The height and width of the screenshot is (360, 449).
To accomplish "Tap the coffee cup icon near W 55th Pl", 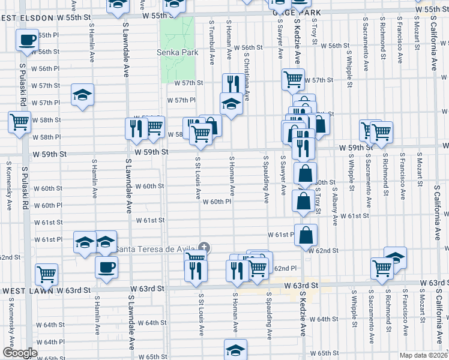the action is coord(27,41).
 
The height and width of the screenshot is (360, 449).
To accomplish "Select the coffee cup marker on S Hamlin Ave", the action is coord(106,267).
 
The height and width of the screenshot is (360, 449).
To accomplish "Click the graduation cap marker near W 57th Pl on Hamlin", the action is coord(82,95).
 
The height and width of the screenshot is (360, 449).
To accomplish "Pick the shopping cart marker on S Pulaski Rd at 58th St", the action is coord(20,122).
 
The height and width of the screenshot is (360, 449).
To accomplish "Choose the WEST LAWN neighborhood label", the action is coord(26,290).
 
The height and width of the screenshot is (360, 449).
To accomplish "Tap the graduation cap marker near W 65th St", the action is coord(235,350).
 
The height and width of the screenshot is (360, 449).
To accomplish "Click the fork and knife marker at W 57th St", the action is coord(232,83).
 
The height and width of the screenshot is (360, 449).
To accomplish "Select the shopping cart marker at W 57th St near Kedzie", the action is coord(293,79).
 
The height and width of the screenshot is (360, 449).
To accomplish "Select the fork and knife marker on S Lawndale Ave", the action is coord(136,128).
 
